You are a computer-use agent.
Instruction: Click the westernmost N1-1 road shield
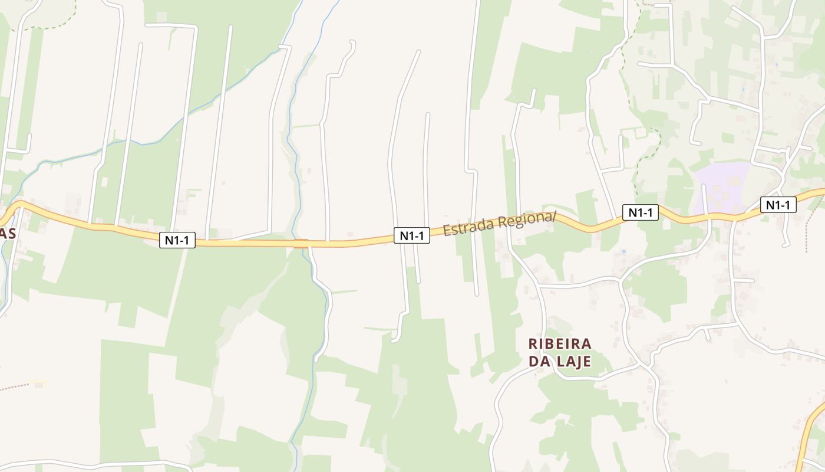[x=177, y=240]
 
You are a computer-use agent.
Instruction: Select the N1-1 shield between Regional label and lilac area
[x=640, y=212]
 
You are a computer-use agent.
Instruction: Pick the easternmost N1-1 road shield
[x=778, y=205]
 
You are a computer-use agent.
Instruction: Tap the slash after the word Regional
[x=554, y=216]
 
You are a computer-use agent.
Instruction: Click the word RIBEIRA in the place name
[x=560, y=343]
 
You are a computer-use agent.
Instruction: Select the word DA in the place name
[x=539, y=361]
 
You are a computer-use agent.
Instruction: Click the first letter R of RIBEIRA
[x=533, y=343]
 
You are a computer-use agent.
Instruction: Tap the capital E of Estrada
[x=447, y=231]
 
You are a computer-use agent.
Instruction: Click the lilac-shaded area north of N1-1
[x=722, y=186]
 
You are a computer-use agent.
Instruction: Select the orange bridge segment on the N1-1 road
[x=301, y=244]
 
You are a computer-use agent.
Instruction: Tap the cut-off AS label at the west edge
[x=7, y=234]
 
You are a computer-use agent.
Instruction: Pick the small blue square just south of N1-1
[x=624, y=252]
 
